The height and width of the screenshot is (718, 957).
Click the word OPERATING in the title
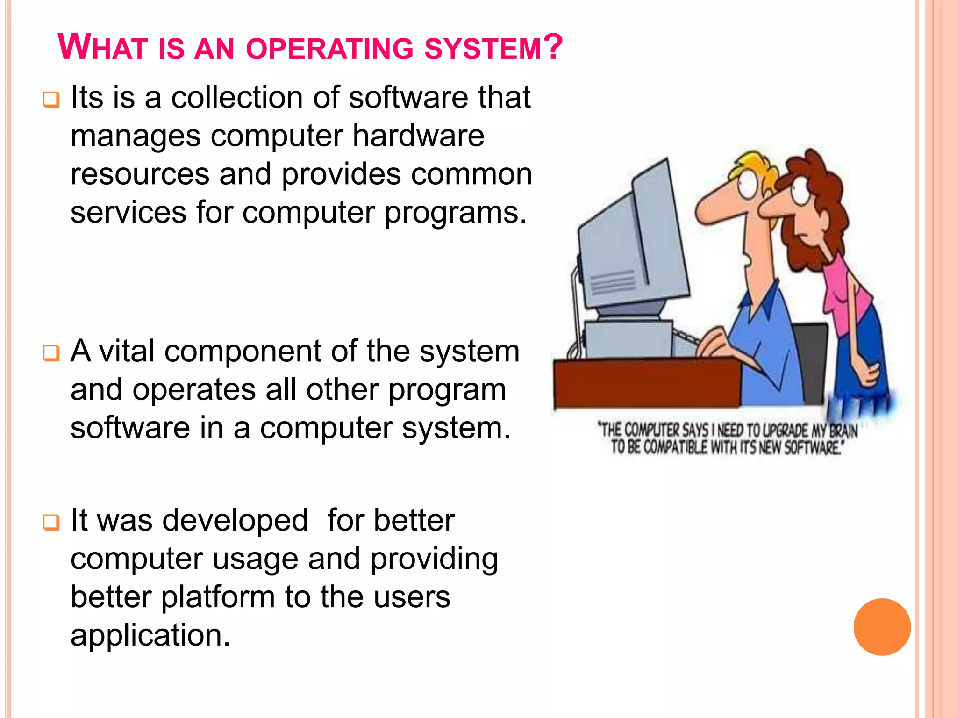(329, 49)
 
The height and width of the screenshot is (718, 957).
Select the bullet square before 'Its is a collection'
(51, 100)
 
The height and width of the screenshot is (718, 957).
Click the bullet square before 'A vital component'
(51, 353)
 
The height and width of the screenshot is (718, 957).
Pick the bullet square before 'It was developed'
(51, 522)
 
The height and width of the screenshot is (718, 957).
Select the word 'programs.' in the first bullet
(456, 213)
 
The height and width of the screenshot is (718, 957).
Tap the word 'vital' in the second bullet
(127, 351)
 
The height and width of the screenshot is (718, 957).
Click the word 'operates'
(194, 390)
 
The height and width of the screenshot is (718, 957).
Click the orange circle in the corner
(882, 627)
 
